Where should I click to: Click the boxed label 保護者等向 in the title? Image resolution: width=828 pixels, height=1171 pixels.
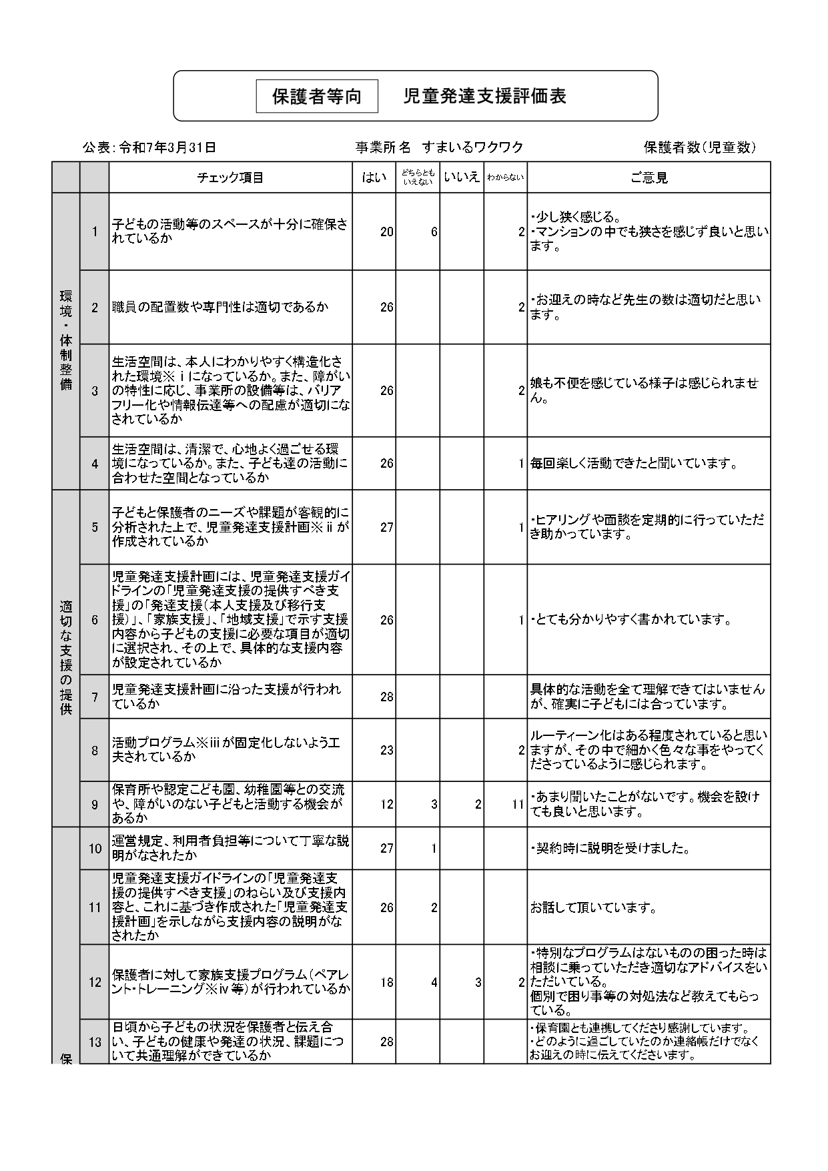pyautogui.click(x=317, y=97)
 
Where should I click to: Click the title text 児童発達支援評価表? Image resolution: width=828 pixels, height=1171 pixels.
pyautogui.click(x=485, y=96)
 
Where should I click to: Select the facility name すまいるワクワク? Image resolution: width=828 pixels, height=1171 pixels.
pyautogui.click(x=477, y=147)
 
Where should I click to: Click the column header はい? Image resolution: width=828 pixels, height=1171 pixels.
pyautogui.click(x=374, y=177)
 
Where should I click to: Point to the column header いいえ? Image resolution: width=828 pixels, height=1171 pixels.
pyautogui.click(x=462, y=177)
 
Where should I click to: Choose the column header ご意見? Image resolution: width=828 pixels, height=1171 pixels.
pyautogui.click(x=649, y=177)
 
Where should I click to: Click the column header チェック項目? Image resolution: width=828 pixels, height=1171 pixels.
pyautogui.click(x=230, y=177)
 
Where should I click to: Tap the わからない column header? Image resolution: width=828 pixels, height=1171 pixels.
pyautogui.click(x=505, y=177)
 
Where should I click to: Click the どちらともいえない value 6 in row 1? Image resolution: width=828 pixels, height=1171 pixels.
pyautogui.click(x=434, y=232)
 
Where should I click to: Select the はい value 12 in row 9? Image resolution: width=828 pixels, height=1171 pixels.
pyautogui.click(x=387, y=804)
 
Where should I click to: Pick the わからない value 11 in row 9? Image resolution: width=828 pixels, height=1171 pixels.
pyautogui.click(x=518, y=804)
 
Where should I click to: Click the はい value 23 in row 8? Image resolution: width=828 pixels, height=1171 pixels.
pyautogui.click(x=387, y=750)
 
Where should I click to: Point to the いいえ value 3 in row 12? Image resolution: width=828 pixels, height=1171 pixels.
pyautogui.click(x=478, y=982)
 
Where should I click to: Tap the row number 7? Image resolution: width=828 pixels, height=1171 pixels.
pyautogui.click(x=95, y=697)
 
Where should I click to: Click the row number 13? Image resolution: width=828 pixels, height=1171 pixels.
pyautogui.click(x=95, y=1042)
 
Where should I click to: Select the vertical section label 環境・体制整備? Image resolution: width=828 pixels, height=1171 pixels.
pyautogui.click(x=66, y=340)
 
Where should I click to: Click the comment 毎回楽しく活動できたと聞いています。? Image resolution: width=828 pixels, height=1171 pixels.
pyautogui.click(x=634, y=463)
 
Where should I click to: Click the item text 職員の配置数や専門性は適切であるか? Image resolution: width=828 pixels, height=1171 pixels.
pyautogui.click(x=220, y=307)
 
